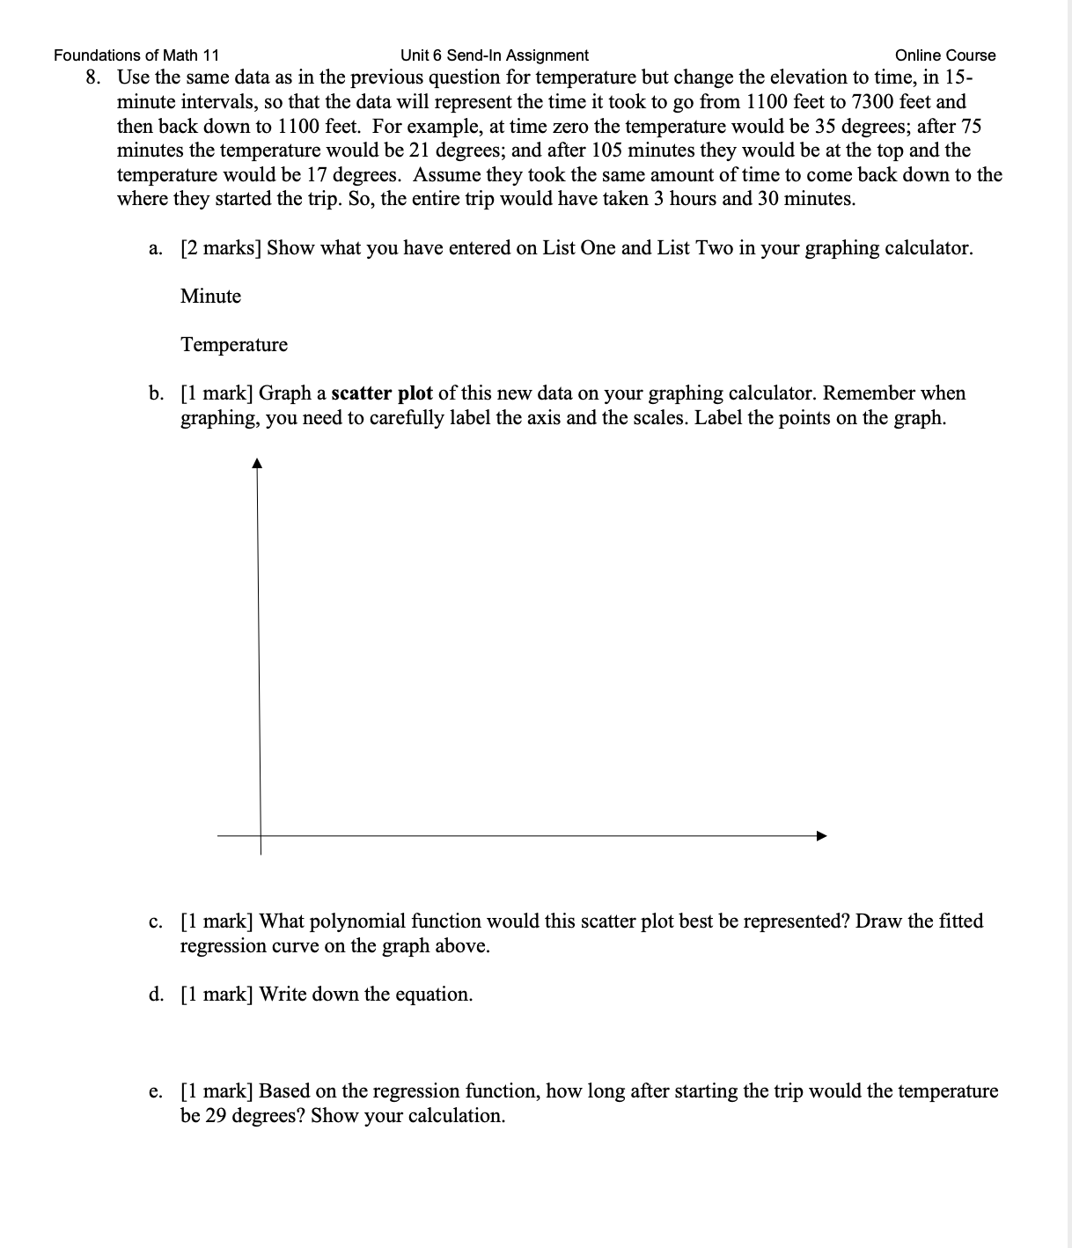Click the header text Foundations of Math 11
136,55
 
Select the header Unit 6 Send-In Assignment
494,55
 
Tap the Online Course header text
944,55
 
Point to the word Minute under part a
210,297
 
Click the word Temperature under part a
234,345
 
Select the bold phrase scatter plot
382,393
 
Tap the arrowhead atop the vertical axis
257,463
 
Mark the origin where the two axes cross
261,835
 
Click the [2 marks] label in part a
221,248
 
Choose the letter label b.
156,393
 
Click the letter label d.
156,995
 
